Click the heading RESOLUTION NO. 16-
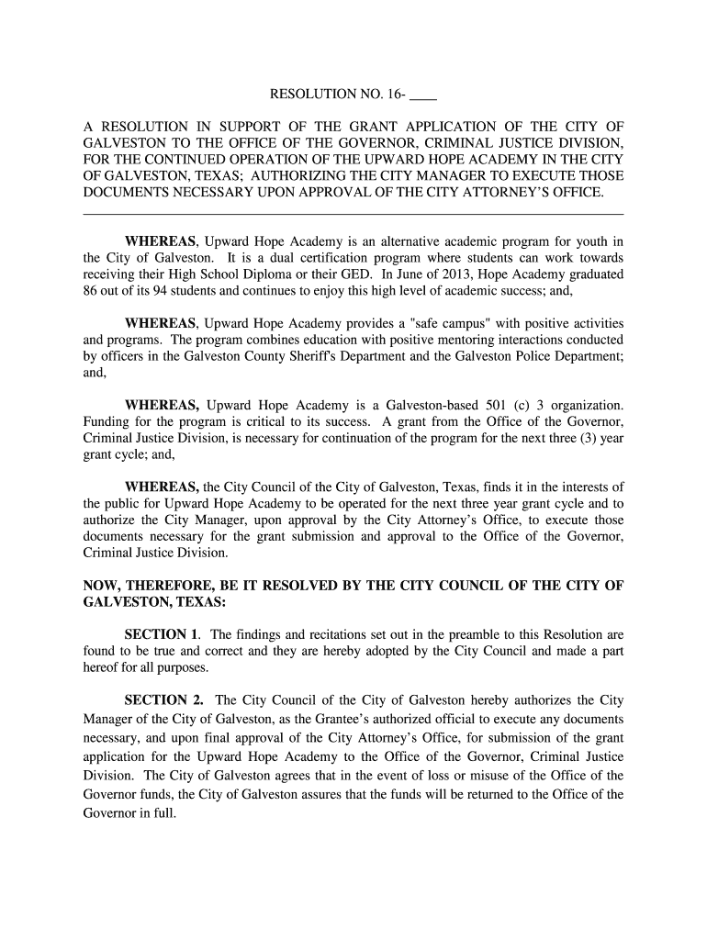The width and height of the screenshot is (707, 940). tap(336, 95)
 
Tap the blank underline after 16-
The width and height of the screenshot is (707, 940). tap(423, 96)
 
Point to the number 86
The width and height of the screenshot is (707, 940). tap(92, 292)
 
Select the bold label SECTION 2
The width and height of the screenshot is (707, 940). tap(164, 700)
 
